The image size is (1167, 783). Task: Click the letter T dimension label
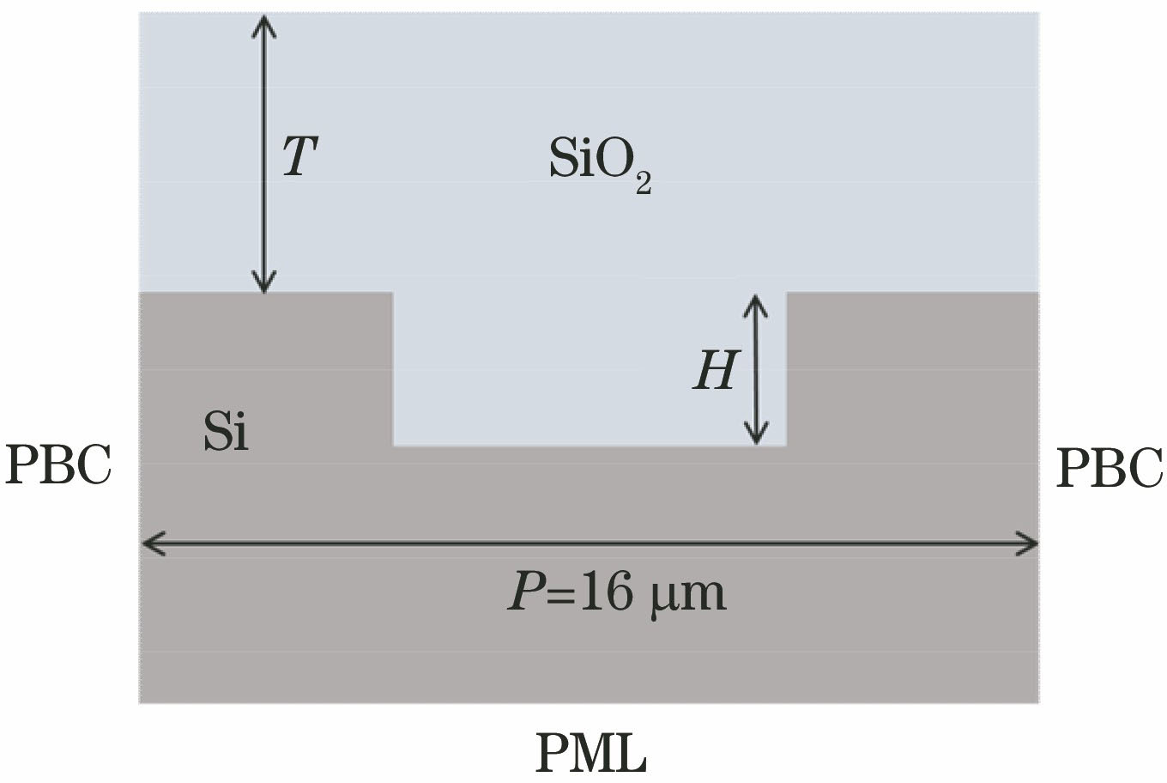300,156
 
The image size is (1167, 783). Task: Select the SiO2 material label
600,161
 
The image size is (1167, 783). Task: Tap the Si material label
226,431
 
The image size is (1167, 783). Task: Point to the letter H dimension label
716,372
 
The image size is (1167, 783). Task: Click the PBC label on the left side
58,467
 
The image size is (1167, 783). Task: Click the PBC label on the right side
1109,469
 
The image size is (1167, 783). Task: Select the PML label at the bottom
591,752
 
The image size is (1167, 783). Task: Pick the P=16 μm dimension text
616,592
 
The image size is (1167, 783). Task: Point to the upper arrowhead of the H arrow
755,302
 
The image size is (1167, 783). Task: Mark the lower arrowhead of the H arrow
755,436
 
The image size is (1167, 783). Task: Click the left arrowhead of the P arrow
151,543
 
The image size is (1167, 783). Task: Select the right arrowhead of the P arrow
1029,543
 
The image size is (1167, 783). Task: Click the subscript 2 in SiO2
643,184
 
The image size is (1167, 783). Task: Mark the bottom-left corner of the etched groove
393,446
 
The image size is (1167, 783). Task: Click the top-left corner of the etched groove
393,293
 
